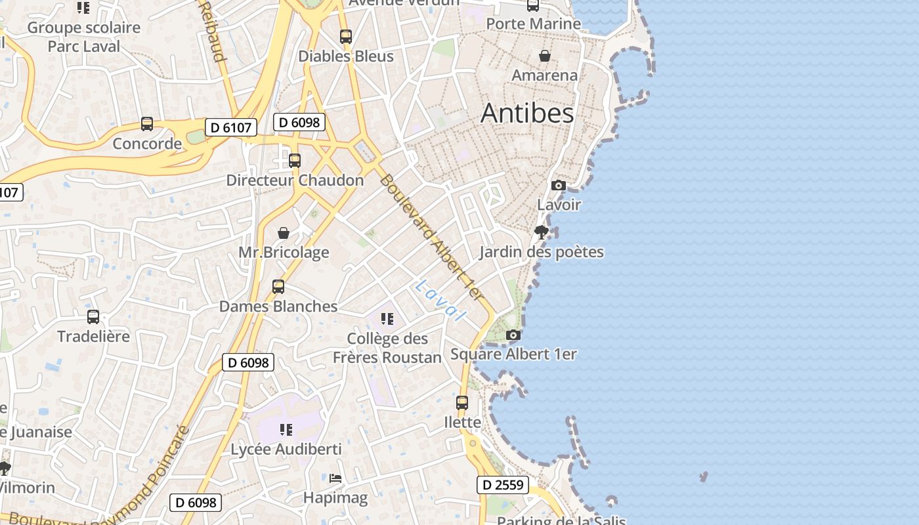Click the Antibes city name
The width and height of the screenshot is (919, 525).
point(527,113)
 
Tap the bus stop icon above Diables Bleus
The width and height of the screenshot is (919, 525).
point(346,37)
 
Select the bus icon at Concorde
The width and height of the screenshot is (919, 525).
point(147,124)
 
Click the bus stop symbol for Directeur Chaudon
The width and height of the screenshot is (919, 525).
point(295,160)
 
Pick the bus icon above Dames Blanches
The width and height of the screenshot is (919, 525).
point(278,287)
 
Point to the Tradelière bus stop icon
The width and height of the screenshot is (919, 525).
point(93,317)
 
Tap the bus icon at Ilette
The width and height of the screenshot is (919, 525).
point(462,402)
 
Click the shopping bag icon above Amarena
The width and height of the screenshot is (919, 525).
point(545,56)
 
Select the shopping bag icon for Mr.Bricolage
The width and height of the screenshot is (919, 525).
point(284,233)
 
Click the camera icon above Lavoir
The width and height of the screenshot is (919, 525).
point(559,185)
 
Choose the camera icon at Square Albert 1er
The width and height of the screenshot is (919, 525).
point(513,335)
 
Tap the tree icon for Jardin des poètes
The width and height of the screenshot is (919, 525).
point(542,232)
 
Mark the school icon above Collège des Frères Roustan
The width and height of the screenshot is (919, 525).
point(387,319)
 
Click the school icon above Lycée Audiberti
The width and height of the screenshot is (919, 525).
point(286,430)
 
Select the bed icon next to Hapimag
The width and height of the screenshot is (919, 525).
point(335,478)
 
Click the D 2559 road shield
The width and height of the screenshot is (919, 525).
point(502,485)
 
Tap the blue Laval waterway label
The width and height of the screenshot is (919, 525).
point(440,301)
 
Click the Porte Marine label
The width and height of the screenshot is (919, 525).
point(533,24)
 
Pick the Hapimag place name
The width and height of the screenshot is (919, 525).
point(335,498)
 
